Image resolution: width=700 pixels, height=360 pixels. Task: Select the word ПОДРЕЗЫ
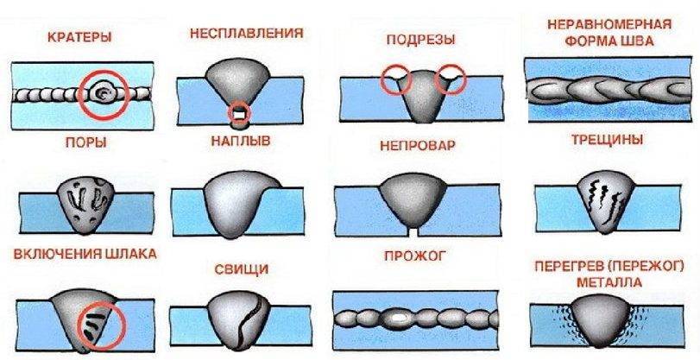422,39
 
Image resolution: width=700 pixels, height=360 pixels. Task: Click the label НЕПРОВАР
417,147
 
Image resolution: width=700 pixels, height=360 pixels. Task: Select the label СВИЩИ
240,269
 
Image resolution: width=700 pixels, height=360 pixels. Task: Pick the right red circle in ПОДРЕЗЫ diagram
451,79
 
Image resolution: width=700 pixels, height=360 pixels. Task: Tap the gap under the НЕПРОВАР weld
418,232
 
